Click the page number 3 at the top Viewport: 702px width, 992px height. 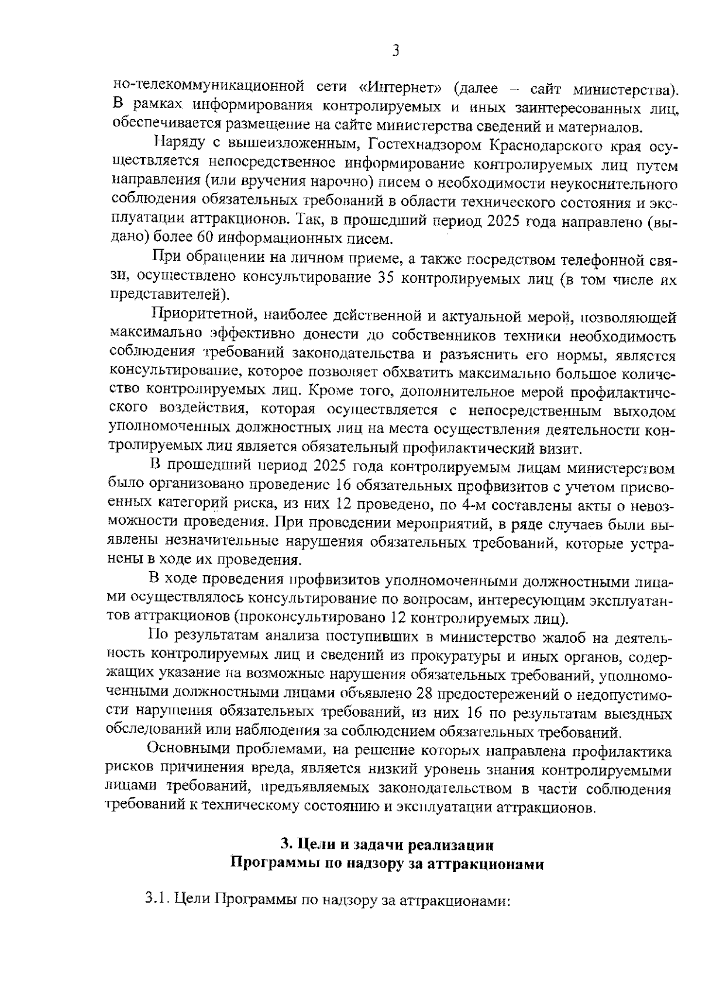tap(395, 51)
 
